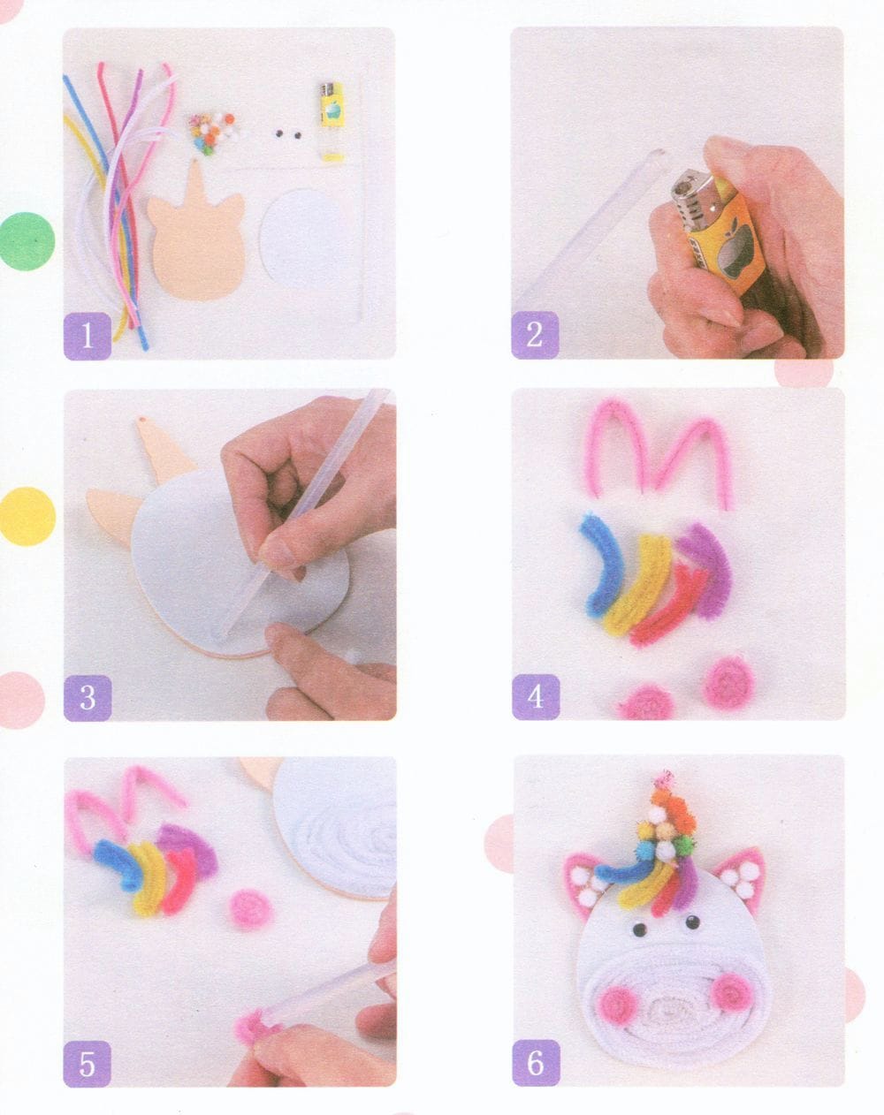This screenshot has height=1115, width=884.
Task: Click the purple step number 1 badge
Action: (88, 335)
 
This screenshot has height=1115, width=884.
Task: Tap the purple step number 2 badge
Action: (535, 335)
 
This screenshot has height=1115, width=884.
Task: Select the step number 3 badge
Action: (88, 697)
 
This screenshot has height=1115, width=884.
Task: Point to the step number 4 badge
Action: (536, 697)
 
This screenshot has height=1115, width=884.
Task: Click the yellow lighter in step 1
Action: (331, 121)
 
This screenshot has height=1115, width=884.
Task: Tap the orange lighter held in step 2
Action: (718, 228)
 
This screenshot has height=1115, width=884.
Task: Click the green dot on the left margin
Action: (26, 241)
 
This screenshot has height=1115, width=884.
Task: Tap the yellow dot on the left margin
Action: (27, 516)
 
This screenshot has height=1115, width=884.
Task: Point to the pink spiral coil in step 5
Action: (251, 909)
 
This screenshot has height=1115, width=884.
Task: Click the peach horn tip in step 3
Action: (141, 421)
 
